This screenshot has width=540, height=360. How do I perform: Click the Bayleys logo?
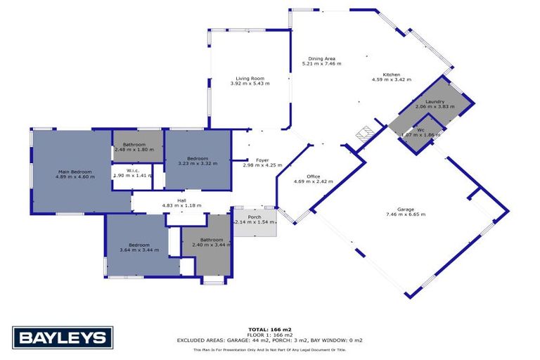click(63, 337)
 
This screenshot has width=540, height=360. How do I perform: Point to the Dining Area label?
click(321, 58)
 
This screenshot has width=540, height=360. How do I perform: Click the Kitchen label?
click(391, 75)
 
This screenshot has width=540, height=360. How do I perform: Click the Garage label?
click(406, 209)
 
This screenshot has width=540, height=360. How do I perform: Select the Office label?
click(313, 176)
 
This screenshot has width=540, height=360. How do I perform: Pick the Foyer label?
click(262, 160)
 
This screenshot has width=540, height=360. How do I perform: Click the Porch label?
click(254, 217)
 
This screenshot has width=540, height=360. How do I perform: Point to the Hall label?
click(181, 200)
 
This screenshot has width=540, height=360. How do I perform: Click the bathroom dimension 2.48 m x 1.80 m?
click(134, 149)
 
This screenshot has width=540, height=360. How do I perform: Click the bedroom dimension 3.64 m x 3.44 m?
click(139, 250)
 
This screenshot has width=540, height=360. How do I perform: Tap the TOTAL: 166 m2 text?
click(270, 329)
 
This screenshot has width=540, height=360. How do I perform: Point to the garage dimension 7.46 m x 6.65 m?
click(406, 214)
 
